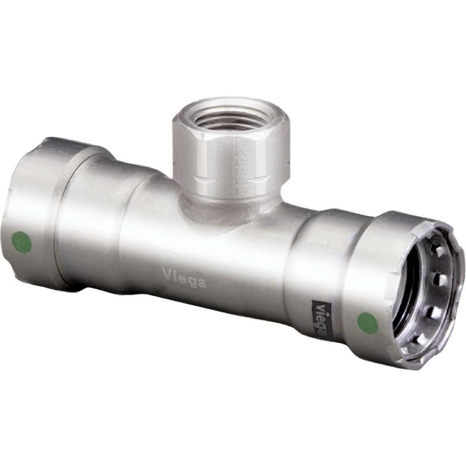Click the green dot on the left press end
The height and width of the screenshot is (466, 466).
21,242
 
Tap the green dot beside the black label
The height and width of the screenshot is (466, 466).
368,323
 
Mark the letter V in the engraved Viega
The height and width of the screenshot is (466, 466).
165,272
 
